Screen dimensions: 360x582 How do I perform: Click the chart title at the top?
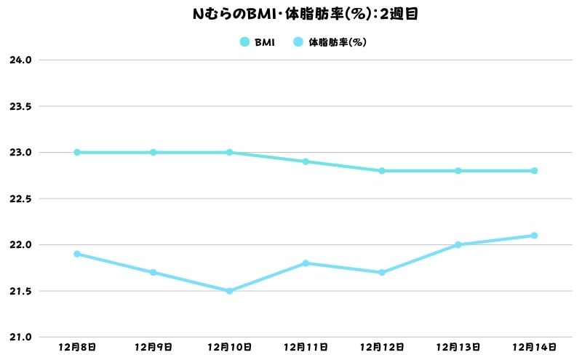pos(291,12)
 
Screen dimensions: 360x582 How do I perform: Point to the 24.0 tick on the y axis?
pos(20,60)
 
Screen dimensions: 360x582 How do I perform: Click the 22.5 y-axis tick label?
pos(20,199)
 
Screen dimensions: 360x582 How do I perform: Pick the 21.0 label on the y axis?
pos(20,337)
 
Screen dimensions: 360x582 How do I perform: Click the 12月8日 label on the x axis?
pos(76,348)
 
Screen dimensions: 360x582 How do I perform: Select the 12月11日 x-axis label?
pos(306,348)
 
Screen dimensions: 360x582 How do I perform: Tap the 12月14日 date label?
pos(535,348)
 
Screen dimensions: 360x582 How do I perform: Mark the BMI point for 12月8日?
pos(76,153)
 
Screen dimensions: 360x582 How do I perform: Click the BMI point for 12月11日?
pos(306,161)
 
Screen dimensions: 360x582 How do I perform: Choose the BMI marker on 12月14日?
pos(534,171)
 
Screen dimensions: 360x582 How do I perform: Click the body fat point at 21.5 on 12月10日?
pos(229,291)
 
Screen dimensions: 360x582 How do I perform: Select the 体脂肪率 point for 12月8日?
pos(76,254)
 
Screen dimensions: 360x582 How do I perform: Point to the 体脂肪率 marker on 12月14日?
pos(534,236)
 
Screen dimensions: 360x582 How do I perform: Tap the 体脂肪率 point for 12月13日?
pos(458,245)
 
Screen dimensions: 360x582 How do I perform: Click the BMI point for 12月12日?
pos(382,171)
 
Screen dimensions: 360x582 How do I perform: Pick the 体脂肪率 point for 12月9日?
pos(153,273)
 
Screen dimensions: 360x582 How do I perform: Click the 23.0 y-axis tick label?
pos(20,153)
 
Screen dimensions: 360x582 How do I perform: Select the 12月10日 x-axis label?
pos(229,348)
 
